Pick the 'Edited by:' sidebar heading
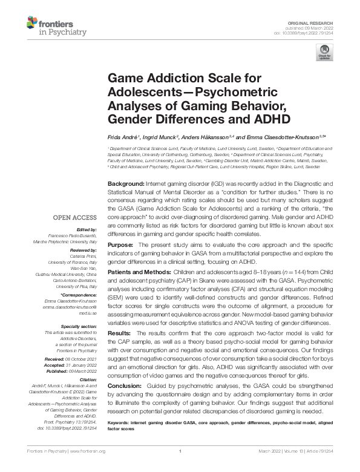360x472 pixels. [85, 231]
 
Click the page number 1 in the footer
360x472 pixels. [180, 468]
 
